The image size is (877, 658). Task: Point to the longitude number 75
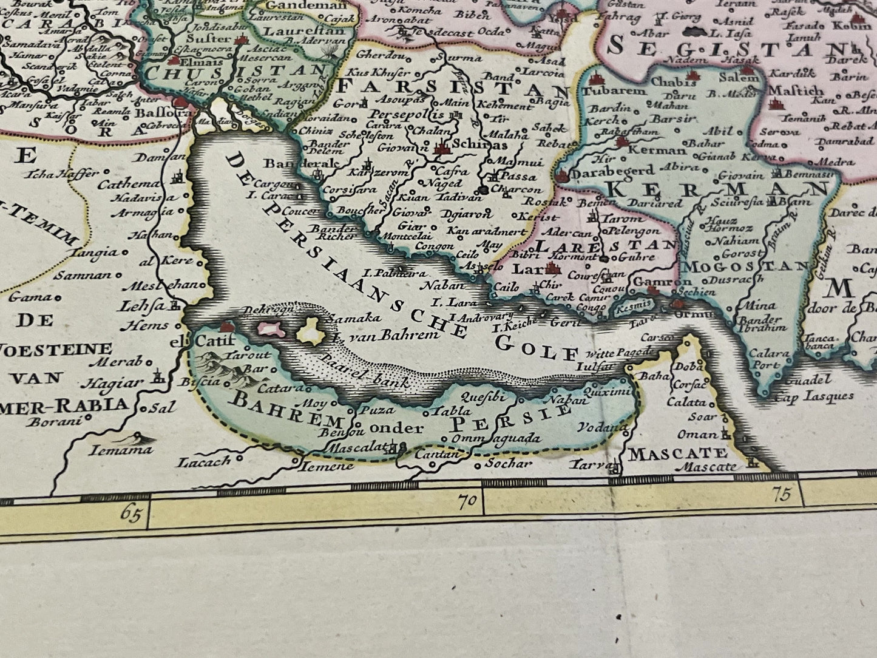(783, 495)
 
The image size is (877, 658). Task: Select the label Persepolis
(402, 115)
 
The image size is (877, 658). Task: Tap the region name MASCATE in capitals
(677, 453)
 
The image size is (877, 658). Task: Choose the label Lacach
(205, 461)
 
